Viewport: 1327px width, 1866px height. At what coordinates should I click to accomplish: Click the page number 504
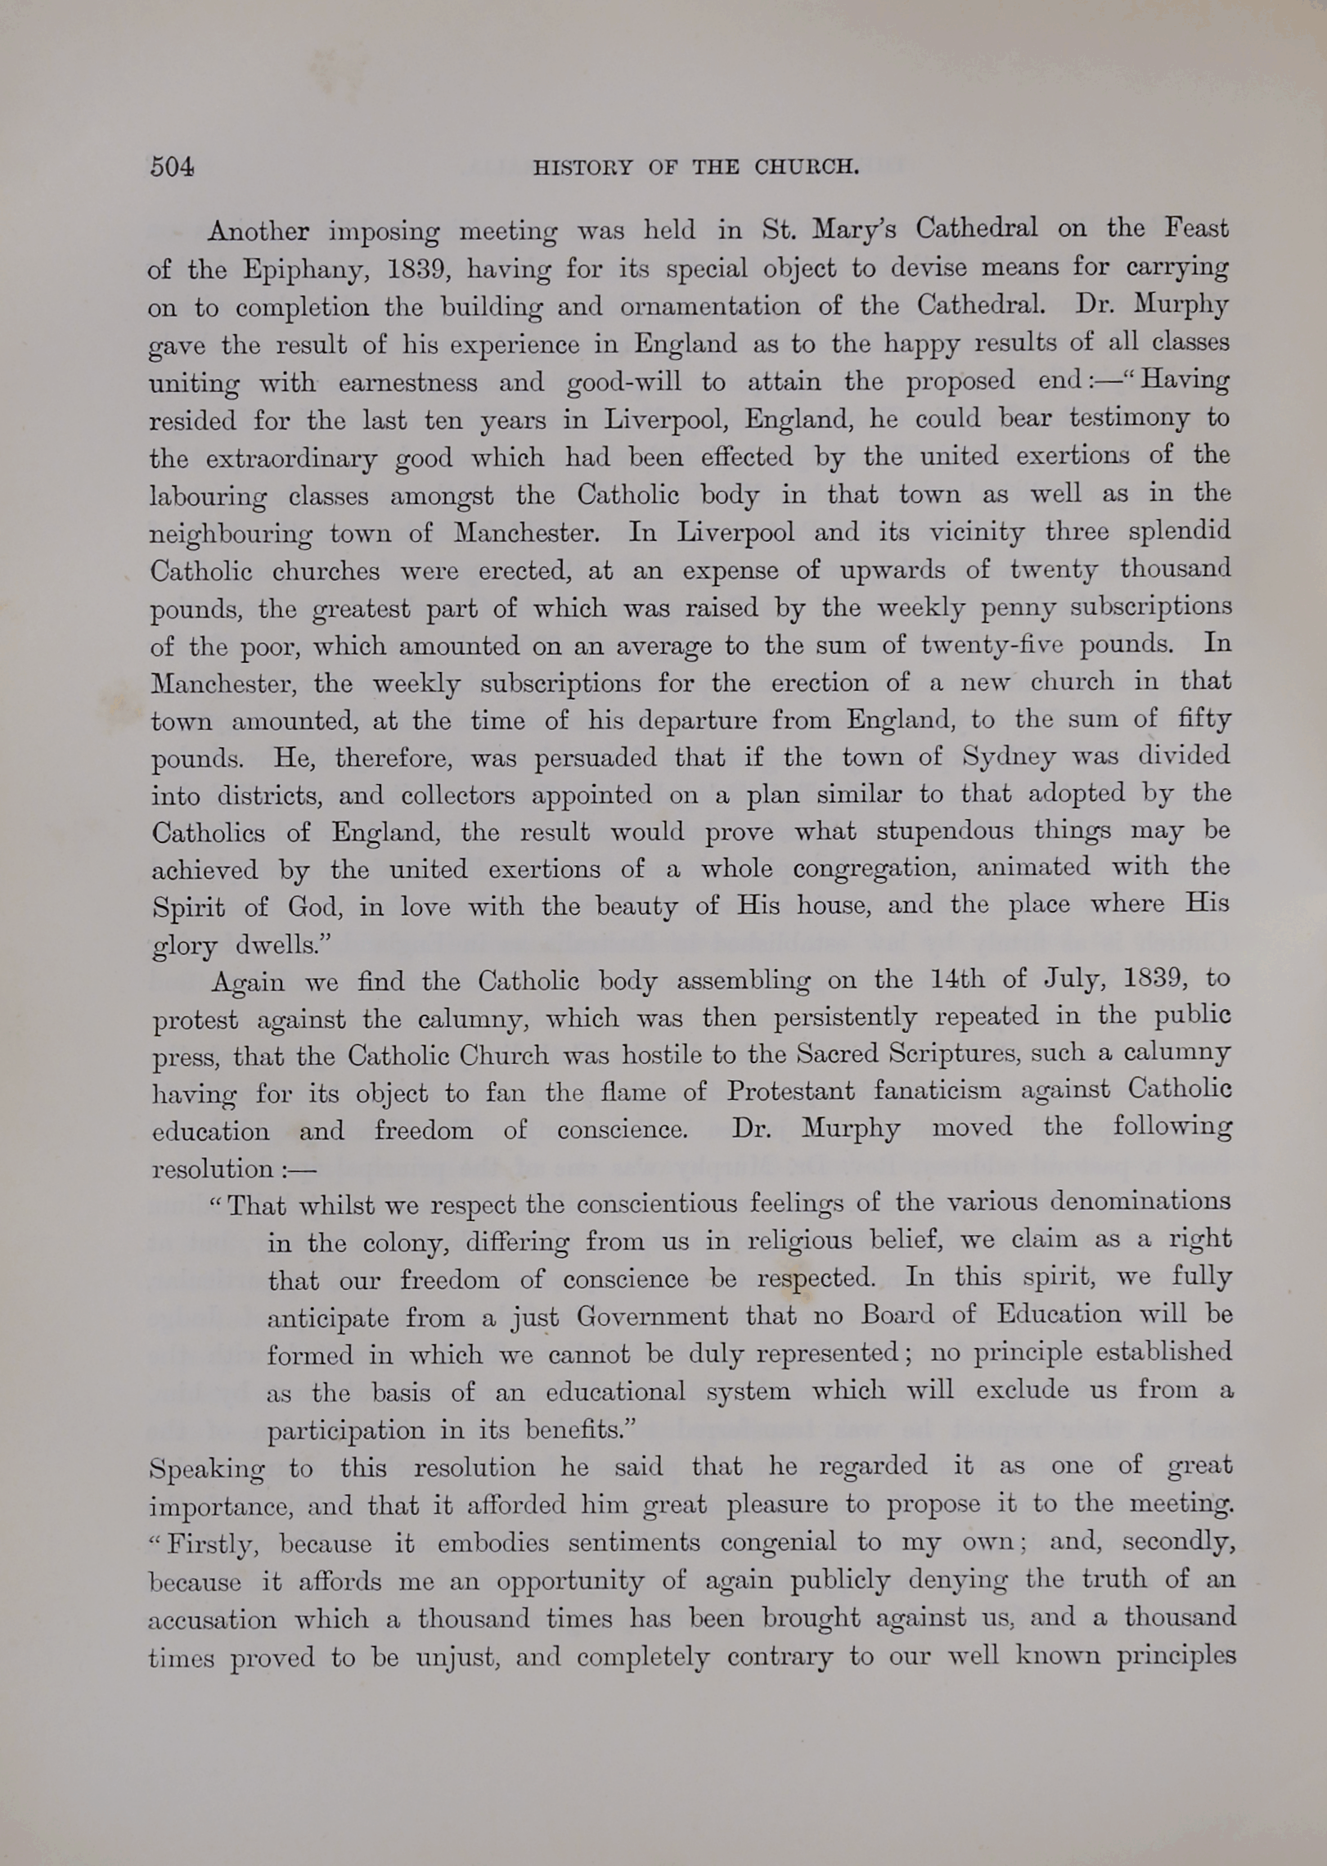(172, 167)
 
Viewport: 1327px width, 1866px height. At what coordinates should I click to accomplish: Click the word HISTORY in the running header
(583, 168)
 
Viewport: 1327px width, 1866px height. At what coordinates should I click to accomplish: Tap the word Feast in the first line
(1196, 228)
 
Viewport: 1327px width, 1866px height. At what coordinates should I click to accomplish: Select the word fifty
(1205, 720)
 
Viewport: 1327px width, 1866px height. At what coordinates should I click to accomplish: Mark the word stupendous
(945, 832)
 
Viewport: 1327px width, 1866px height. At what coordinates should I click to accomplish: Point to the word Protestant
(790, 1092)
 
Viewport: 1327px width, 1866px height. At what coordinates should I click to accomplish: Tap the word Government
(651, 1316)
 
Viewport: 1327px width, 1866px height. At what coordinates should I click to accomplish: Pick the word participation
(348, 1431)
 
